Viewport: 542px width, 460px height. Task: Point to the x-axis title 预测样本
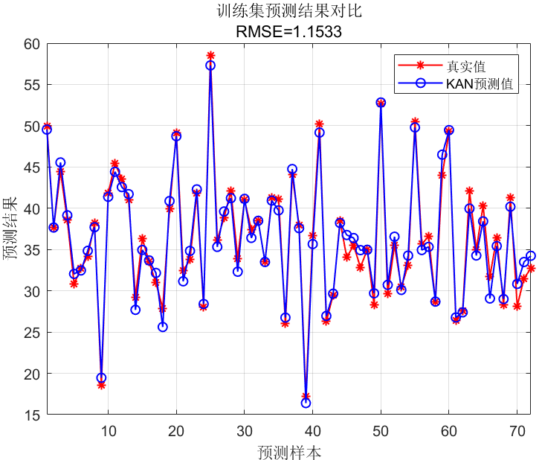289,451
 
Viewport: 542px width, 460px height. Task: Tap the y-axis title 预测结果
12,229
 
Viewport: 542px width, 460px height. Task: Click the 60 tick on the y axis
31,44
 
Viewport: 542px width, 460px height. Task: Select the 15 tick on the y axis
31,415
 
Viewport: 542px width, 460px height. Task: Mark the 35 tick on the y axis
31,250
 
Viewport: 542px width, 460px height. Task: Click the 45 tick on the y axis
31,167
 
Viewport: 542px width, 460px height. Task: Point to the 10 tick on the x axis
108,430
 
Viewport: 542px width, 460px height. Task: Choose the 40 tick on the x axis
312,430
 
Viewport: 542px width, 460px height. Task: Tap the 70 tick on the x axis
517,430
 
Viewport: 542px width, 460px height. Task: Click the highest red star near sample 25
210,56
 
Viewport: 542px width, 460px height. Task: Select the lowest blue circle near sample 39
306,403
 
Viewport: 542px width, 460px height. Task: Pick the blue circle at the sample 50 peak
381,103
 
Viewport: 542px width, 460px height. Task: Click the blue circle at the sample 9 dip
101,377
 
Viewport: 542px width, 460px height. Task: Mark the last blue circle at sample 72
531,256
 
